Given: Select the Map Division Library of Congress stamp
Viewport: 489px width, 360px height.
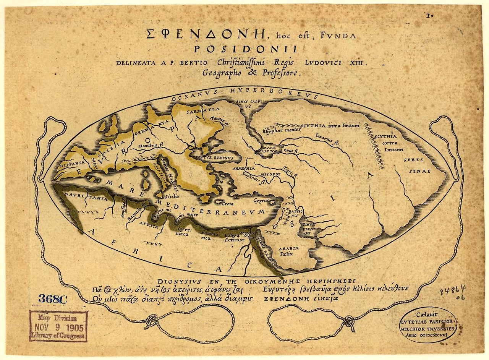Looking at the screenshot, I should click(x=58, y=326).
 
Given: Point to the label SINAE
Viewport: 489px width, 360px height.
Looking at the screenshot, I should click(x=420, y=171).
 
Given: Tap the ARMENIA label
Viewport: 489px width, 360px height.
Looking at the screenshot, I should click(x=245, y=169).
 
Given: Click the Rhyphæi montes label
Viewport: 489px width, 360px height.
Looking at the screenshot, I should click(x=281, y=130).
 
